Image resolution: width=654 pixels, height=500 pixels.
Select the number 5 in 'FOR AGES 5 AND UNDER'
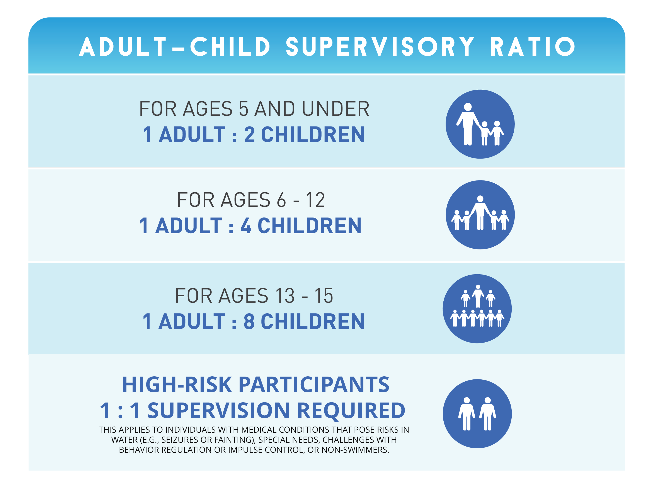point(243,109)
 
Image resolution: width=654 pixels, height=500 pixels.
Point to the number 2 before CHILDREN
point(249,135)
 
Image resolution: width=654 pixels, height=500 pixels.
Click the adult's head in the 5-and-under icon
point(468,107)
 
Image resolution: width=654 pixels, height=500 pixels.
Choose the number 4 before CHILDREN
point(246,226)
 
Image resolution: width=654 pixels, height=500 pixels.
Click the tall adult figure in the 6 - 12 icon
point(480,213)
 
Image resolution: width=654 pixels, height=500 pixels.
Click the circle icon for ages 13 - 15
point(477,309)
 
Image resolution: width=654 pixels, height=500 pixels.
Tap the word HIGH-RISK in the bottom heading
point(177,385)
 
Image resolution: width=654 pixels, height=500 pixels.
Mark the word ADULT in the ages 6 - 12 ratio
point(188,226)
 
